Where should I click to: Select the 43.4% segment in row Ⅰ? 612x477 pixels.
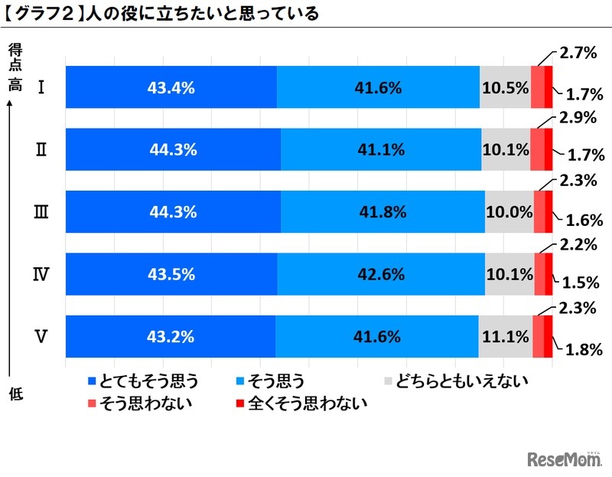coord(171,87)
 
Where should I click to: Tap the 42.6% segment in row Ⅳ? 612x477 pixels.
coord(380,274)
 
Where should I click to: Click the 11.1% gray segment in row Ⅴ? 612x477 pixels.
coord(505,336)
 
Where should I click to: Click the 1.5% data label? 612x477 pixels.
coord(580,283)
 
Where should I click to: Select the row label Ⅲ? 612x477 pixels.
coord(43,212)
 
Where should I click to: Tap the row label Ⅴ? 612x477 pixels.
coord(43,336)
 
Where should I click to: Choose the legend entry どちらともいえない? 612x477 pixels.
coord(456,381)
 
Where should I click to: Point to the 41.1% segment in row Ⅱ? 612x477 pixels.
coord(381,150)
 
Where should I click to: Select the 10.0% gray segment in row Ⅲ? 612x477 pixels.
coord(509,212)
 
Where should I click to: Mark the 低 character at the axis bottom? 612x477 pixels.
coord(15,395)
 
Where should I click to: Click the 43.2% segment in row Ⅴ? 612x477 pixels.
coord(171,336)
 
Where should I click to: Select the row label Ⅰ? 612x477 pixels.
coord(43,87)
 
